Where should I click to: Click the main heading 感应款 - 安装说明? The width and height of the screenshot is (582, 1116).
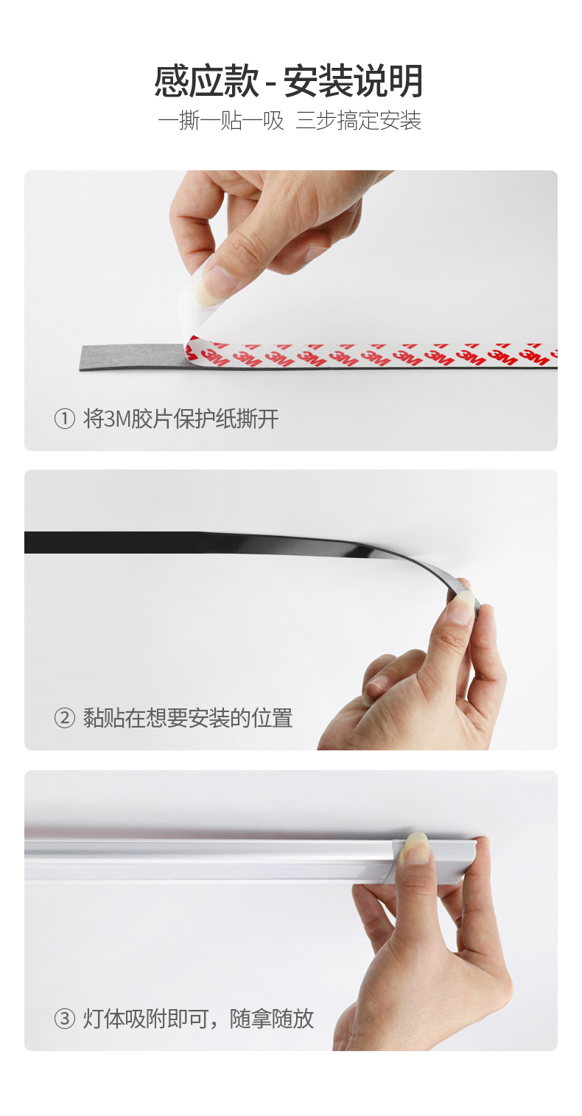288,80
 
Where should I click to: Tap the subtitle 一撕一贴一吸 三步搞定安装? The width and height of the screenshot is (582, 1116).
290,121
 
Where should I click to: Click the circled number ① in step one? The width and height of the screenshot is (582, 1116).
64,419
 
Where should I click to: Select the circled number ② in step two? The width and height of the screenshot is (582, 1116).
64,719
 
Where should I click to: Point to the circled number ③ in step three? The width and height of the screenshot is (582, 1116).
64,1019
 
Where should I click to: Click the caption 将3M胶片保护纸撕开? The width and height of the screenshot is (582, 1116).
180,419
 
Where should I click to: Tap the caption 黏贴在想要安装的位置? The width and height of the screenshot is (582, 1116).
188,719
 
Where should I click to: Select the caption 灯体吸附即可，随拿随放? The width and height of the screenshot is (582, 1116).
198,1019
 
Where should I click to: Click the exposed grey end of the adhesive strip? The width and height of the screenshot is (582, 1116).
132,358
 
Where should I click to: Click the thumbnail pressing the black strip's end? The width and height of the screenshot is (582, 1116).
461,607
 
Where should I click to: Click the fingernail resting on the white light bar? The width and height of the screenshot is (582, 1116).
417,848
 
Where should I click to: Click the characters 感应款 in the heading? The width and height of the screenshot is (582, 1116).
206,80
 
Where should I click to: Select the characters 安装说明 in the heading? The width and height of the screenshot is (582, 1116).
354,80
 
